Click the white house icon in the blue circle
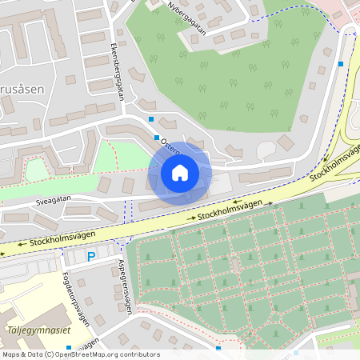(180, 173)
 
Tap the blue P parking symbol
(90, 257)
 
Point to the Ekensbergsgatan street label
(118, 71)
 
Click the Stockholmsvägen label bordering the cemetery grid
(230, 210)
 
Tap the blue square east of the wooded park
(342, 64)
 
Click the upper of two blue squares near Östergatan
(151, 119)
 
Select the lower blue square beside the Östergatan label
(157, 138)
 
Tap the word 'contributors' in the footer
(139, 354)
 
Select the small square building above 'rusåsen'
(70, 80)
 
